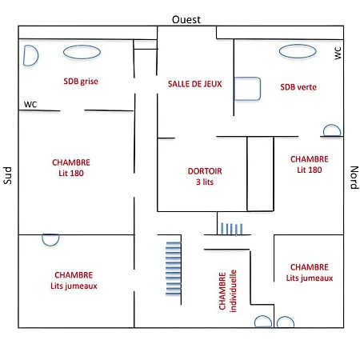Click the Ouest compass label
pos(186,20)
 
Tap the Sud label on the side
pos(7,175)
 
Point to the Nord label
pos(354,178)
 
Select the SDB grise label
pos(81,81)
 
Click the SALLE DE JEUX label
pos(195,84)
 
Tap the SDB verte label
pos(298,87)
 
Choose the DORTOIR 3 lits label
pos(205,176)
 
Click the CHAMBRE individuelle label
pos(227,291)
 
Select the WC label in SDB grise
pos(30,104)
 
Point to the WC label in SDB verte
pos(338,53)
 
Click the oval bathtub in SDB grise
pos(82,52)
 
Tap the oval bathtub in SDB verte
pos(298,51)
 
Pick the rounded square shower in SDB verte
pos(247,89)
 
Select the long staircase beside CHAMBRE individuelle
pos(174,268)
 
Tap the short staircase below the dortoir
pos(231,229)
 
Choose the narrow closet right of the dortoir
pos(260,174)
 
